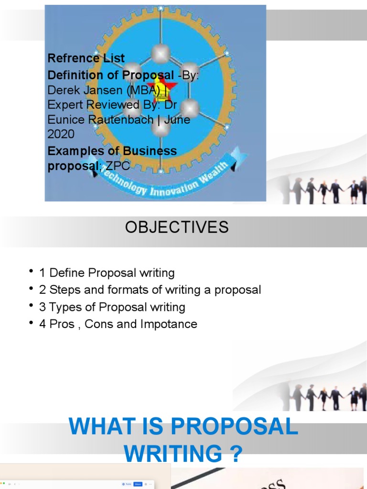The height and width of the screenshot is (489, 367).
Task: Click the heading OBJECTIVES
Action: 177,227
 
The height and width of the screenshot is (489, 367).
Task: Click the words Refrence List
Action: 86,58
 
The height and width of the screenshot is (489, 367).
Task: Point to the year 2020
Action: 61,134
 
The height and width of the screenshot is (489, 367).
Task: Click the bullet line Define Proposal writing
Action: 112,273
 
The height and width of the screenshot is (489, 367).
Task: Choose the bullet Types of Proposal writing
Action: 117,307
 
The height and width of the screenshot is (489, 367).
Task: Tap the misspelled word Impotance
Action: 169,324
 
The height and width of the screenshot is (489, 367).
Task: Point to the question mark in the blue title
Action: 234,451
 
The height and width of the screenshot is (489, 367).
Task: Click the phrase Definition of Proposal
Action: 111,75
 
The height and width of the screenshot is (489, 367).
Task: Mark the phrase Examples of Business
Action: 112,151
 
